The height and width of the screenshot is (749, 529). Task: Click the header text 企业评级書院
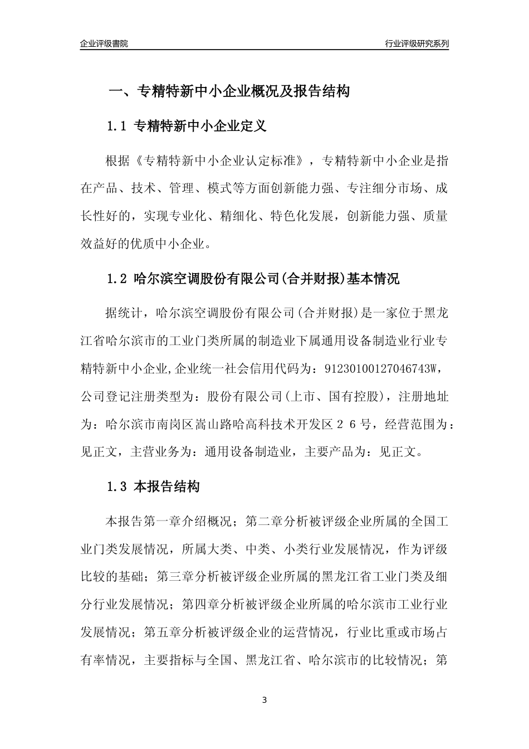(x=104, y=43)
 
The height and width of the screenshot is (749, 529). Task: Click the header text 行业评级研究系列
(x=417, y=43)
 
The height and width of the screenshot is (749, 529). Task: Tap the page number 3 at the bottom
(x=264, y=700)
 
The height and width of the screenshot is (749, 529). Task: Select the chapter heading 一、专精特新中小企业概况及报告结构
(x=228, y=91)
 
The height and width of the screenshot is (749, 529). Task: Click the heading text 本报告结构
(x=167, y=487)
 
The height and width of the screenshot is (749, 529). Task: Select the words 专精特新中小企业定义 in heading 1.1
(x=200, y=127)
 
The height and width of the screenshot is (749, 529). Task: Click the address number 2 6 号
(x=351, y=424)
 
